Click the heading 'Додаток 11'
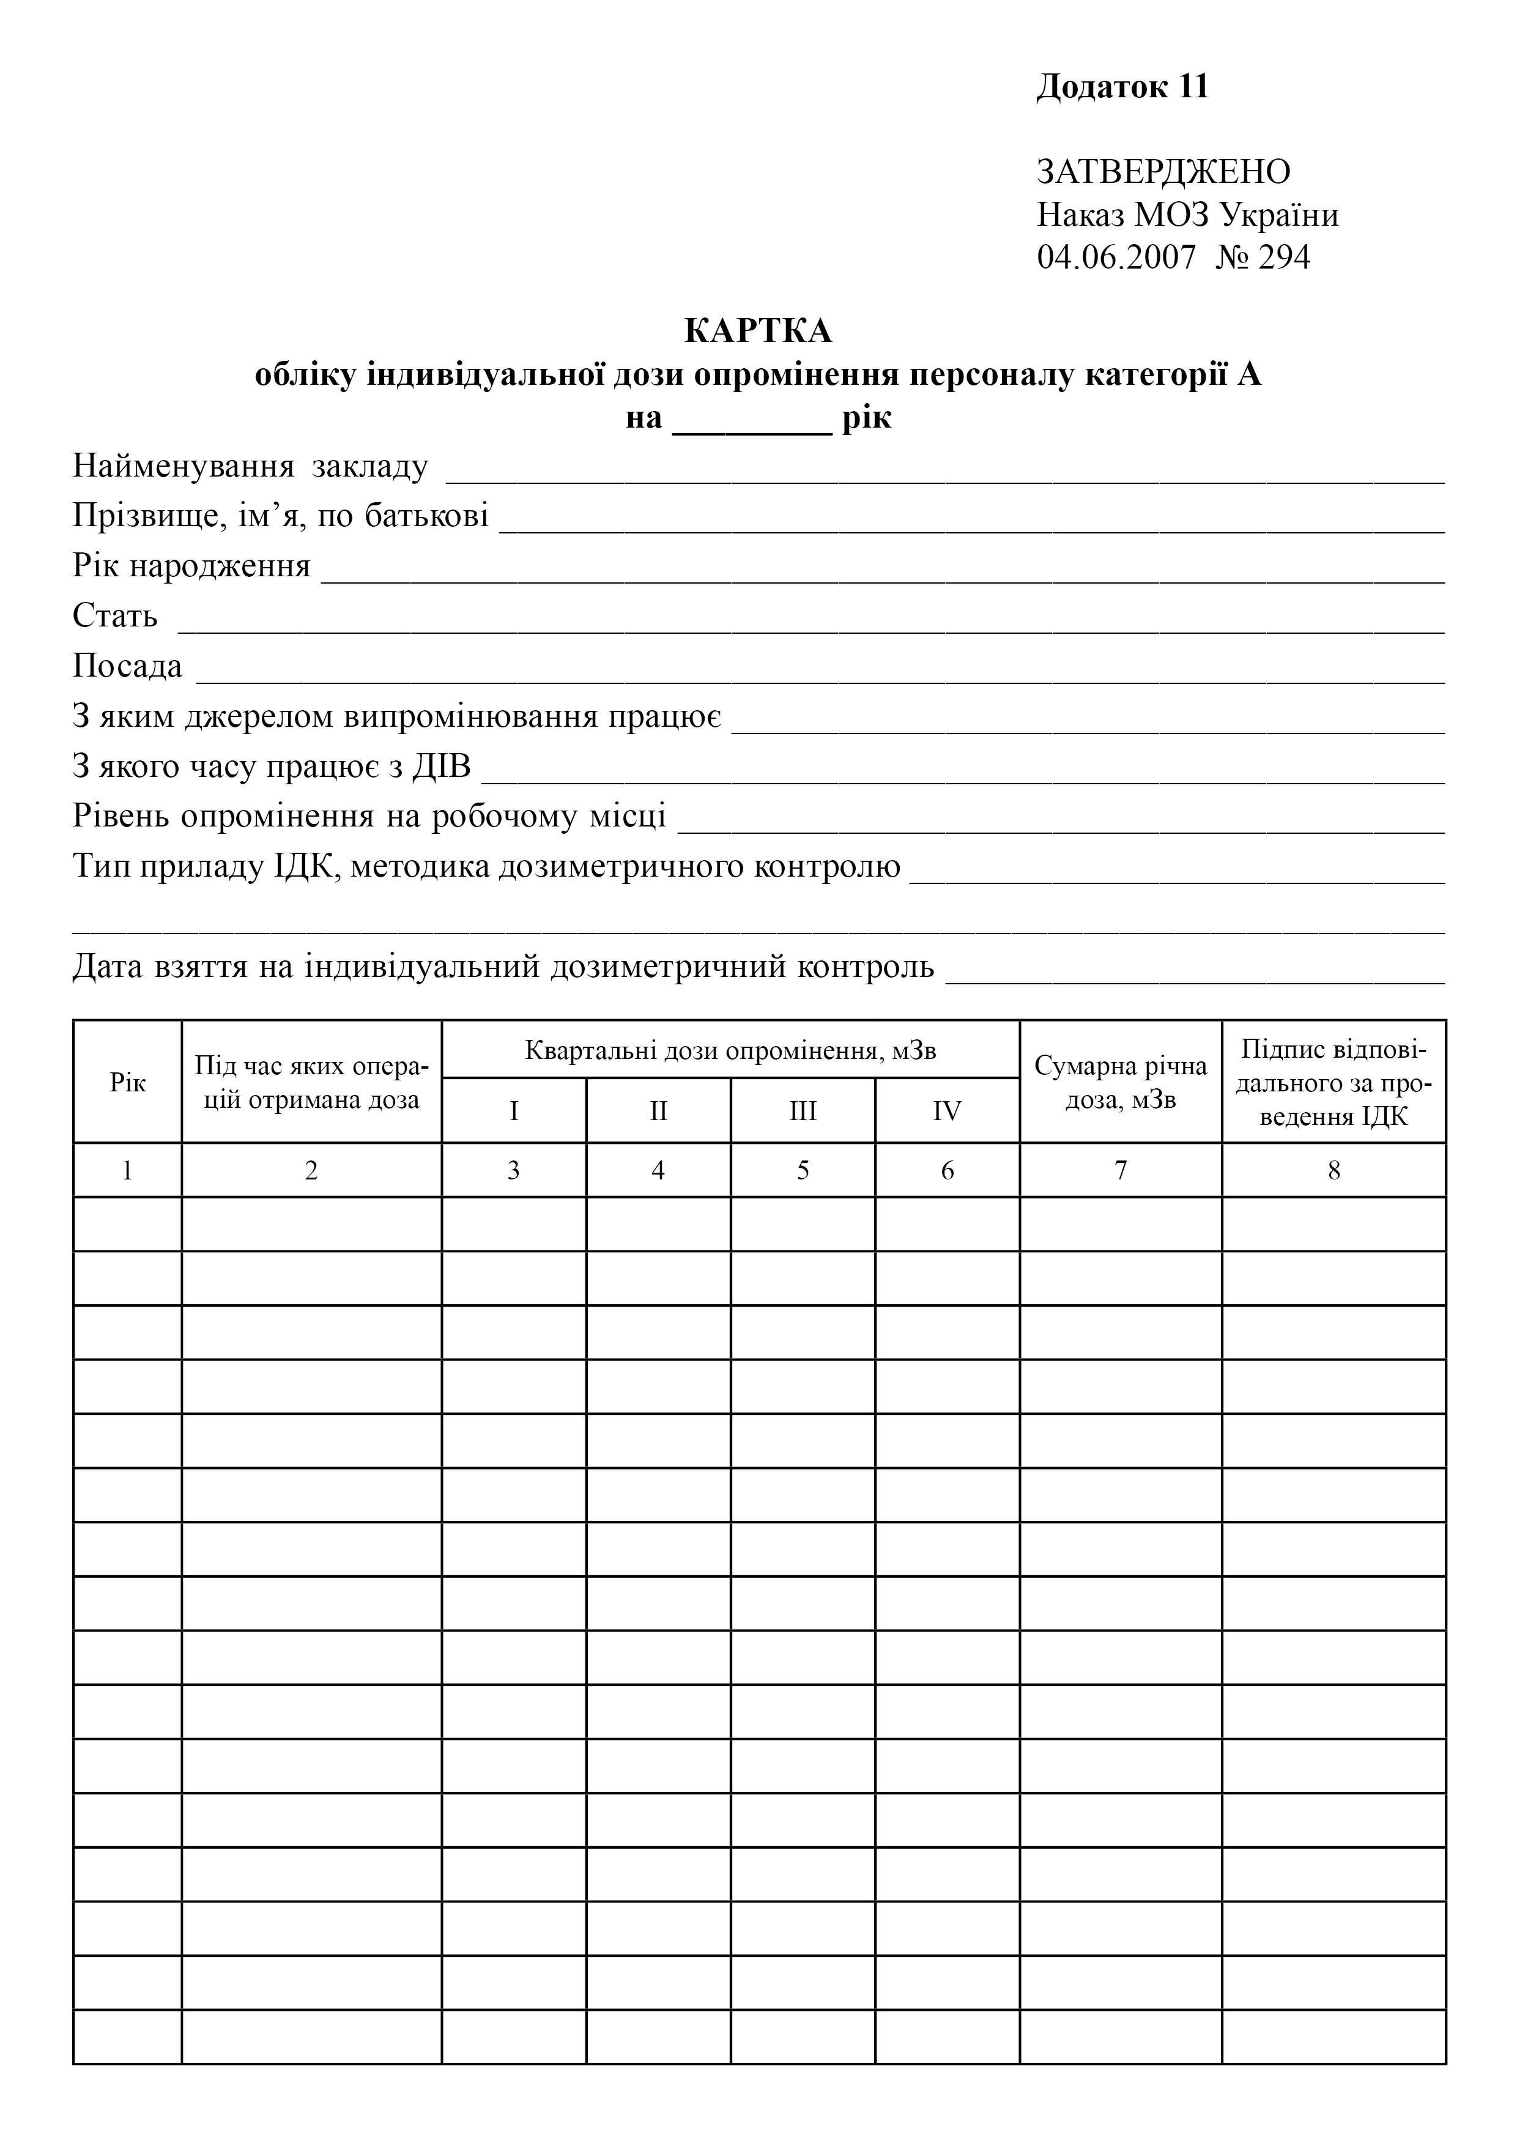point(1122,87)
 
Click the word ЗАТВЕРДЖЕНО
point(1163,172)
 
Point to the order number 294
point(1285,257)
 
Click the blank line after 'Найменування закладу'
point(944,473)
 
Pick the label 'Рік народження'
point(191,566)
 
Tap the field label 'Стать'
point(115,617)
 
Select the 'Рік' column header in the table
point(127,1082)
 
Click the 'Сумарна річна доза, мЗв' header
point(1120,1082)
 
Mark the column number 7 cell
point(1120,1170)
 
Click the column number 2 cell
point(311,1170)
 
